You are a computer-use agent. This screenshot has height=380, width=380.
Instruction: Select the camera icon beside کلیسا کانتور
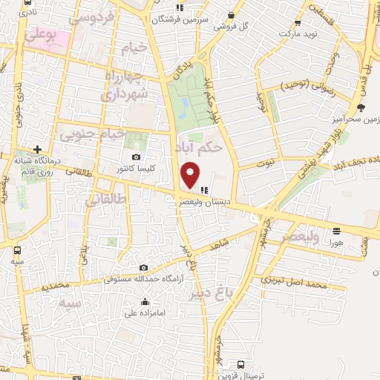point(137,157)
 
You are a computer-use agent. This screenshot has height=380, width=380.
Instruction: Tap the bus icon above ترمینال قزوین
point(240,364)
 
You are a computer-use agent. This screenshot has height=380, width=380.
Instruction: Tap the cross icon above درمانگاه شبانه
point(37,149)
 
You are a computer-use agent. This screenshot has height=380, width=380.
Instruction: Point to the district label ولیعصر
point(300,236)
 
